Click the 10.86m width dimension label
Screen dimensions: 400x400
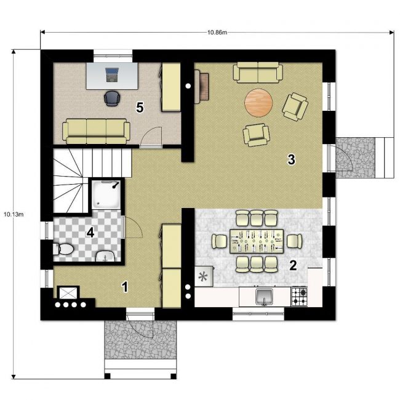pyautogui.click(x=217, y=33)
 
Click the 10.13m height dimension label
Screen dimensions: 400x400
pyautogui.click(x=14, y=214)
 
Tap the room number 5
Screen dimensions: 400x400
pyautogui.click(x=140, y=107)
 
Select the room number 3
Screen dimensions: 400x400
pyautogui.click(x=291, y=160)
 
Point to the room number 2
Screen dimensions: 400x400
pyautogui.click(x=293, y=266)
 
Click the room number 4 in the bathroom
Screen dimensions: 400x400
pyautogui.click(x=90, y=233)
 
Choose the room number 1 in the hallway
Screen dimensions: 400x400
pyautogui.click(x=125, y=287)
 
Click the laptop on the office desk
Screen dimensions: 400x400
pyautogui.click(x=112, y=74)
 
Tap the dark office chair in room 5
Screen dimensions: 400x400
pyautogui.click(x=112, y=98)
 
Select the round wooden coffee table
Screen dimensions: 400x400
pyautogui.click(x=258, y=103)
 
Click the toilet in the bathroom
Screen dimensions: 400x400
pyautogui.click(x=63, y=249)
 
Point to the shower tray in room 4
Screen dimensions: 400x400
pyautogui.click(x=106, y=194)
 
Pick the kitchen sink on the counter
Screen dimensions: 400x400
pyautogui.click(x=265, y=297)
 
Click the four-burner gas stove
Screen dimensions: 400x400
pyautogui.click(x=299, y=297)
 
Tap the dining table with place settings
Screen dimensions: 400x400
pyautogui.click(x=257, y=241)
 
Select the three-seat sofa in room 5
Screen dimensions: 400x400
pyautogui.click(x=97, y=131)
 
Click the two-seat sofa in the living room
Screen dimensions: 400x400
pyautogui.click(x=258, y=73)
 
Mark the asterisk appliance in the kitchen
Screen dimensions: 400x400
pyautogui.click(x=204, y=276)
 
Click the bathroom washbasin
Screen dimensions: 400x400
pyautogui.click(x=105, y=257)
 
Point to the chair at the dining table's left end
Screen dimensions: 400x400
pyautogui.click(x=220, y=241)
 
